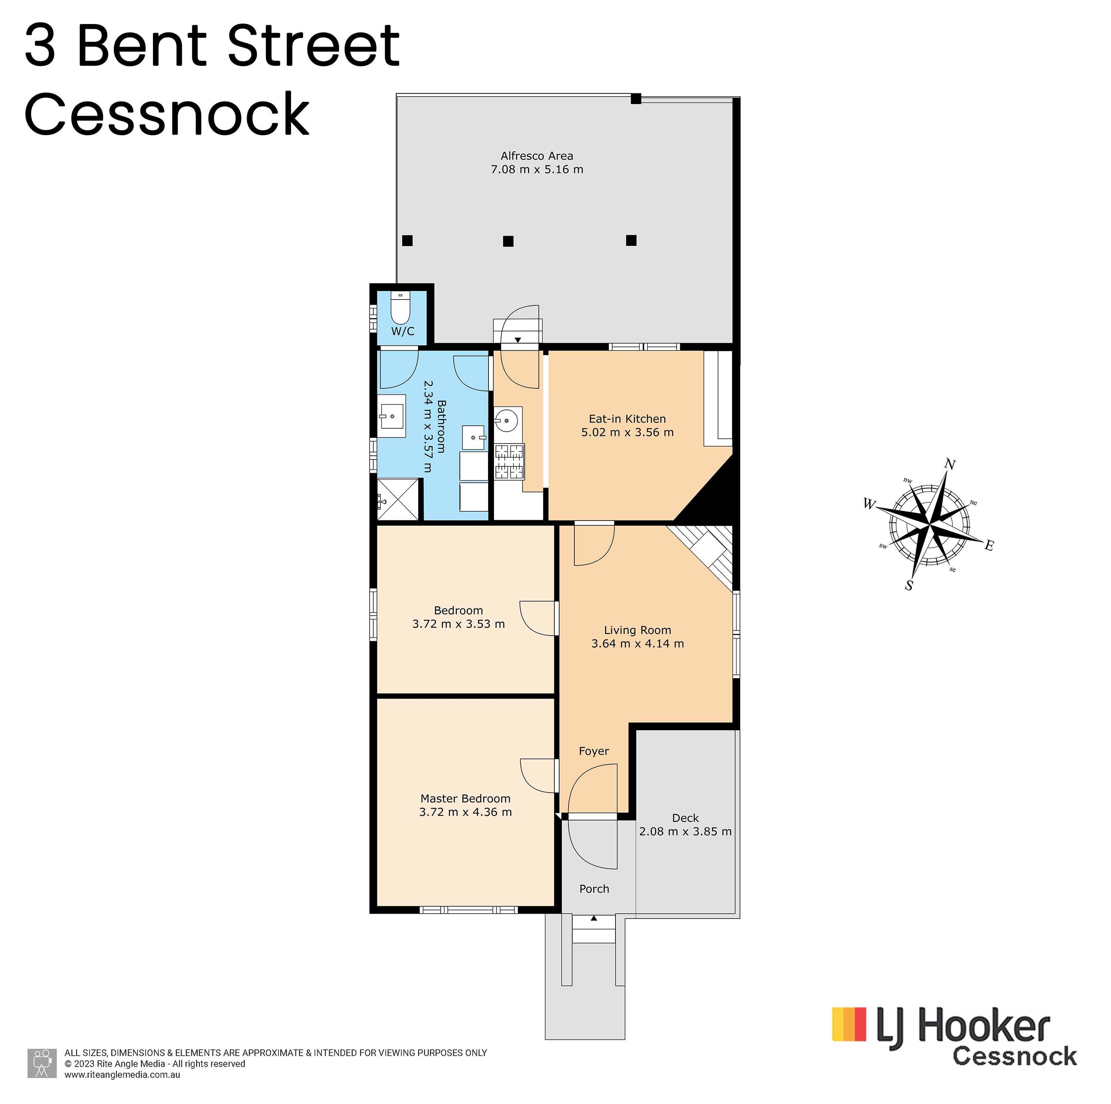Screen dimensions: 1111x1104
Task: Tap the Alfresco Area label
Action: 537,156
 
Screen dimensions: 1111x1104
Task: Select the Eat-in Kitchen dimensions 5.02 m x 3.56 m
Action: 627,432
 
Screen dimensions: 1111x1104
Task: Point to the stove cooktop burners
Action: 510,462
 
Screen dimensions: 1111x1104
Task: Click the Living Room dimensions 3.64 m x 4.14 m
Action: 638,644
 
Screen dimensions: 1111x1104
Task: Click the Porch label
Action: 594,889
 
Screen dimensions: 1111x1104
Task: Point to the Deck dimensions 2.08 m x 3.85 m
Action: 685,832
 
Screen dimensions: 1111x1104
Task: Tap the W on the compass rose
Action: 869,504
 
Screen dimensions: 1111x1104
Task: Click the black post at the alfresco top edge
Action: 636,99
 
